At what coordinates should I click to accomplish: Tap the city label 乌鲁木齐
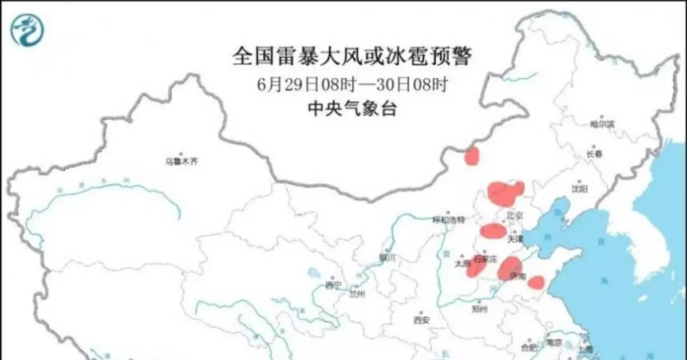click(181, 162)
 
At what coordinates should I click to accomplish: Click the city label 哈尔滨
click(602, 124)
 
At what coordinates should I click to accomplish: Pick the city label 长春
click(594, 154)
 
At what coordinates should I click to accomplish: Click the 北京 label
click(515, 215)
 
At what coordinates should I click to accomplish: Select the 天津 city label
click(515, 238)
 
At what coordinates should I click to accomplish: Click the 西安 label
click(421, 320)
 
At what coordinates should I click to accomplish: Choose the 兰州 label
click(357, 294)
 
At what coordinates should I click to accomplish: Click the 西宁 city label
click(333, 284)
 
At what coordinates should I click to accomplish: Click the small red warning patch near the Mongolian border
click(472, 156)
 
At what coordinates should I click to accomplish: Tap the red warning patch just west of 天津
click(492, 231)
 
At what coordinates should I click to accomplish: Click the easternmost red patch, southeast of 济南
click(536, 282)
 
